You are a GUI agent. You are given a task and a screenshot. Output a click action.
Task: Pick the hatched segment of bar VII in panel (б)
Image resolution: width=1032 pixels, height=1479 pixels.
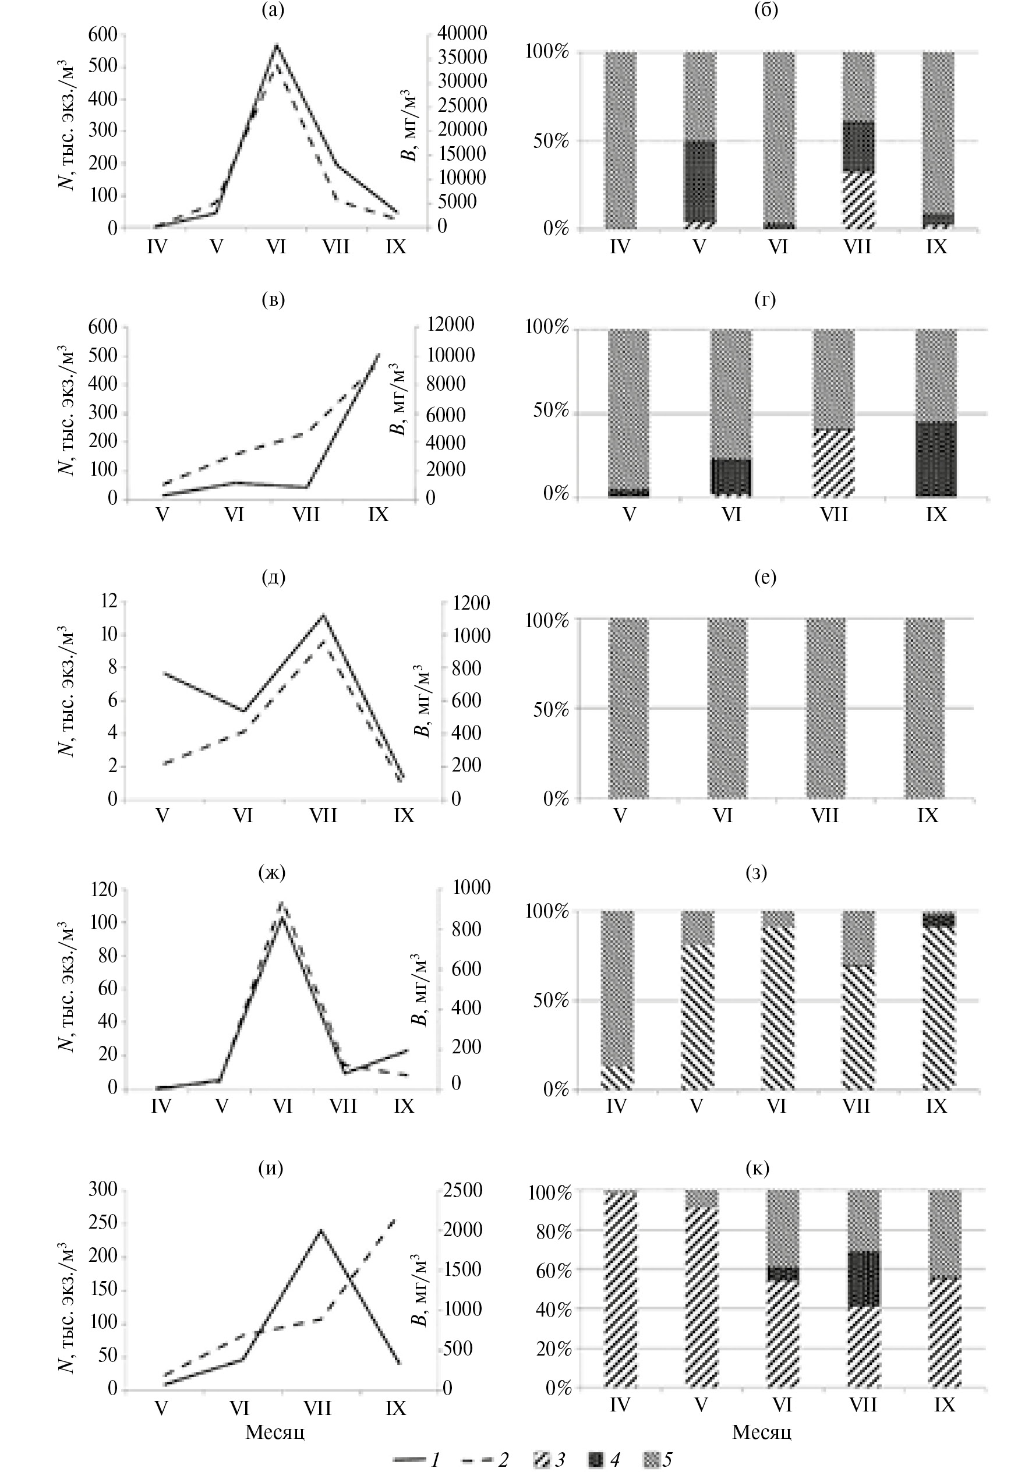[858, 200]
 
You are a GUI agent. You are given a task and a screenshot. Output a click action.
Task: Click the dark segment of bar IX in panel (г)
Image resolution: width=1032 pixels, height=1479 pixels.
[936, 459]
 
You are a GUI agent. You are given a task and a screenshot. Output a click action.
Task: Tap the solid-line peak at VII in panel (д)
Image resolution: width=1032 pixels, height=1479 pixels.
[323, 615]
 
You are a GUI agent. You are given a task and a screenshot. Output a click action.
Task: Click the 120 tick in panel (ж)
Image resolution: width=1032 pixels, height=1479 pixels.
[103, 890]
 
